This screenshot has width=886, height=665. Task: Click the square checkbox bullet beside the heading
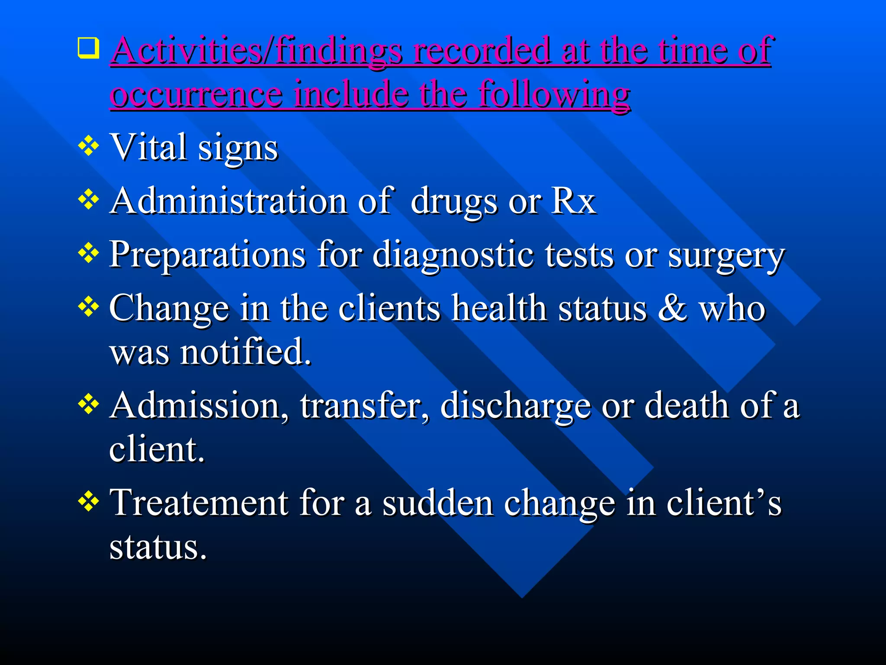[88, 48]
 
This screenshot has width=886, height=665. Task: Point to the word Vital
[149, 147]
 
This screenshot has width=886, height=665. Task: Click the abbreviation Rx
[574, 201]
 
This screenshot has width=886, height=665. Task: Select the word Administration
[228, 201]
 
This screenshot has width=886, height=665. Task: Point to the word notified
[245, 352]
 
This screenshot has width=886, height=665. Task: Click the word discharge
[515, 406]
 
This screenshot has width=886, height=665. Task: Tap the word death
[687, 405]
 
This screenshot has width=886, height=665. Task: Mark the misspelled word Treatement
[199, 503]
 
